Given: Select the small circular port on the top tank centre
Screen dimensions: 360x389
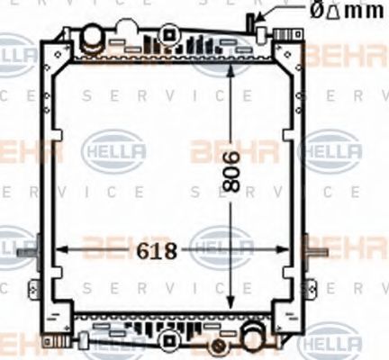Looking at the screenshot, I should point(166,37).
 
